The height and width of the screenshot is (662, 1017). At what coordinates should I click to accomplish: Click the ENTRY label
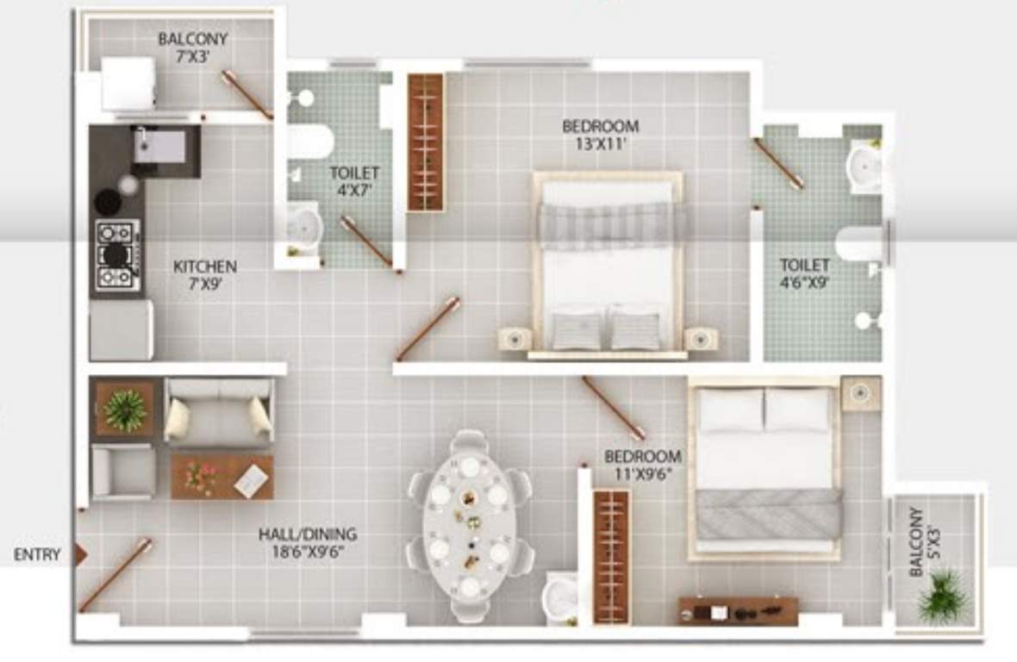[37, 555]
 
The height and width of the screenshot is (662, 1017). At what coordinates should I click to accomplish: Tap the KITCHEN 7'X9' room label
[204, 274]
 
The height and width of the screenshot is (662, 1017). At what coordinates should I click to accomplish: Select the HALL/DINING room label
[308, 543]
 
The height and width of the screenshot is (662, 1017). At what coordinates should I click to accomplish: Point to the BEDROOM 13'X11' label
[601, 134]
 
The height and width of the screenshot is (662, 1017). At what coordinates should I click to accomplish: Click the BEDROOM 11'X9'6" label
[642, 464]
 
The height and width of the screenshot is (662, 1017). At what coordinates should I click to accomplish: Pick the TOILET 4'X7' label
[354, 181]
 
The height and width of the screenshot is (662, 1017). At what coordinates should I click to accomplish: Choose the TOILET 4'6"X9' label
[805, 272]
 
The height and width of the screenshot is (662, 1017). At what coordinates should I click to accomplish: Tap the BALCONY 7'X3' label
[193, 47]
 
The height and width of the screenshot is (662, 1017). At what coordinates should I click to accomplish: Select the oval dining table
[470, 525]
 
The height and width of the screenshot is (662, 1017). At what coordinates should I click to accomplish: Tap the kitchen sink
[159, 145]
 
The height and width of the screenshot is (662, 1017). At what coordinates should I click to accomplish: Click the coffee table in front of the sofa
[221, 477]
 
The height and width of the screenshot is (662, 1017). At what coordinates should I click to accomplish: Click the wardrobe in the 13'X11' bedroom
[426, 142]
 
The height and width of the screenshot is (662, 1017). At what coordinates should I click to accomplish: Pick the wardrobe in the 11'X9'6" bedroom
[612, 556]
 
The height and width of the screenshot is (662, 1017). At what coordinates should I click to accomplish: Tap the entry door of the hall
[115, 575]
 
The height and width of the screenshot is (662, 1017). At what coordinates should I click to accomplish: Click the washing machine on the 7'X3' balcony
[128, 84]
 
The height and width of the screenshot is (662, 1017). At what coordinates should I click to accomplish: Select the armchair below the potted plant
[123, 472]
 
